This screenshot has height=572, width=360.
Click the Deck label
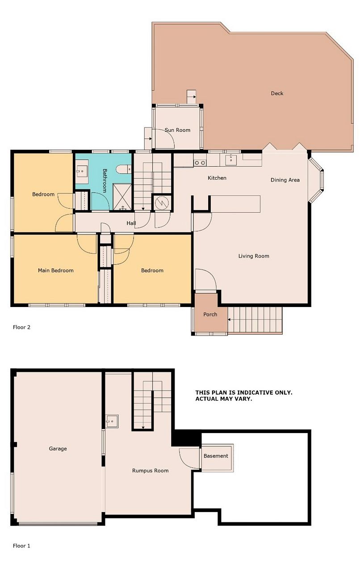[x=277, y=93]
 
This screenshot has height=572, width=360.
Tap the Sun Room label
[x=177, y=130]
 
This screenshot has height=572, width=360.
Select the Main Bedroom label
[x=56, y=270]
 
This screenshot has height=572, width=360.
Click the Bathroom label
[x=105, y=181]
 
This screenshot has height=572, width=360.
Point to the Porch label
[x=210, y=314]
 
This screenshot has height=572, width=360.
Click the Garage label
[x=58, y=448]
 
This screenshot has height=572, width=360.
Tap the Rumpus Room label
[x=150, y=471]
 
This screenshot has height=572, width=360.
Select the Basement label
[x=216, y=456]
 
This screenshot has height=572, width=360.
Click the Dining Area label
[x=285, y=180]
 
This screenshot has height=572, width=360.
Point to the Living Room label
[x=254, y=256]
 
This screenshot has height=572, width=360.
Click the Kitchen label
[x=217, y=178]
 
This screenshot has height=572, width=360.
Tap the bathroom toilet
[x=124, y=169]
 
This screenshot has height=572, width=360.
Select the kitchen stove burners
[x=200, y=163]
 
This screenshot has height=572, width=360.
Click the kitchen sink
[x=231, y=160]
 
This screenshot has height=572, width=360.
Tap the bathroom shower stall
[x=122, y=197]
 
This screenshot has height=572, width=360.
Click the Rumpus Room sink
[x=112, y=421]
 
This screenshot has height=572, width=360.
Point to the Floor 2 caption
[x=21, y=327]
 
